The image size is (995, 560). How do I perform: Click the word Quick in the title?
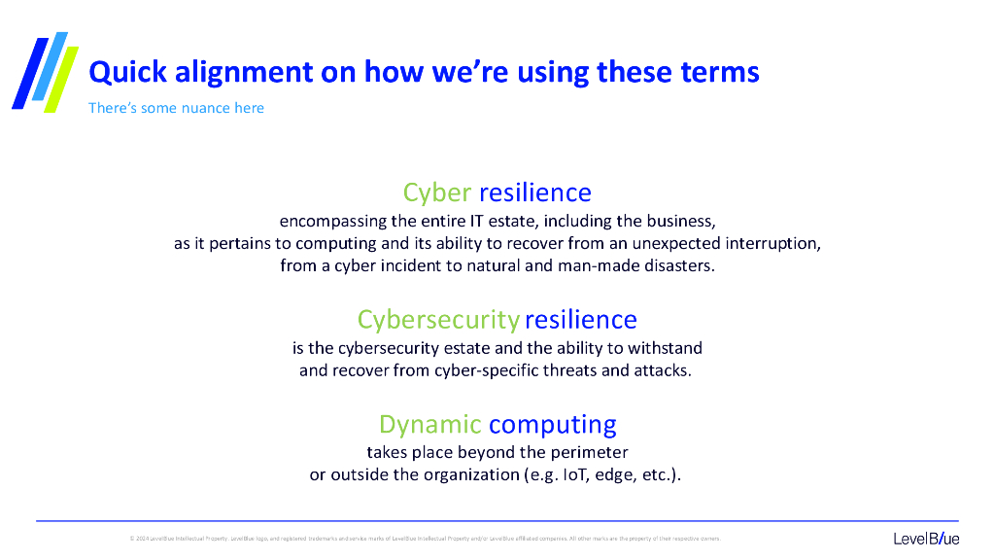[x=123, y=72]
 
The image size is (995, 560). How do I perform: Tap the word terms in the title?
[x=719, y=72]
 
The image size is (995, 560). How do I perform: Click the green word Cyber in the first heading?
[x=437, y=192]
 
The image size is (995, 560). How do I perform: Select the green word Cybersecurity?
[x=438, y=320]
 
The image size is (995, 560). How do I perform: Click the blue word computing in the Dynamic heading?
[x=552, y=425]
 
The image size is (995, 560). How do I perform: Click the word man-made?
[x=603, y=265]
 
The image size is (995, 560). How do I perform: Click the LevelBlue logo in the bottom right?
[x=926, y=539]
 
